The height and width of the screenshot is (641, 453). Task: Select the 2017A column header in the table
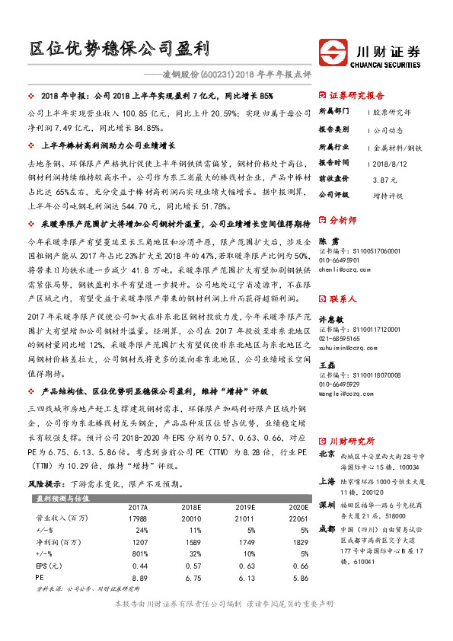click(x=138, y=508)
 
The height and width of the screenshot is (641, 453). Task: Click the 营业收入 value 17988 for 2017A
click(x=138, y=518)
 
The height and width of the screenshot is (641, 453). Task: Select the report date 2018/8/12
click(x=389, y=163)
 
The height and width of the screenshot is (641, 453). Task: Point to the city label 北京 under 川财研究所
click(x=326, y=454)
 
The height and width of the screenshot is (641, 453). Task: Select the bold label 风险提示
click(x=46, y=484)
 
